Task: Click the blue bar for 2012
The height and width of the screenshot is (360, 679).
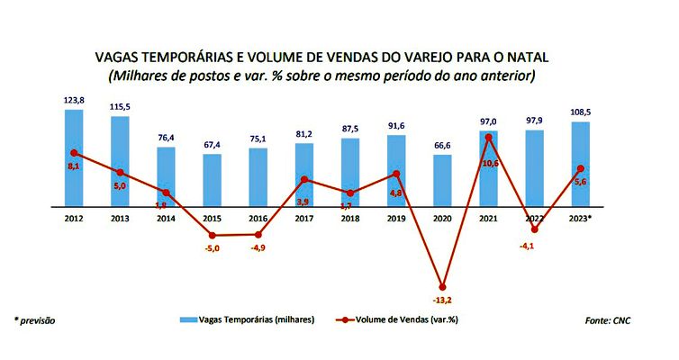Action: click(x=74, y=157)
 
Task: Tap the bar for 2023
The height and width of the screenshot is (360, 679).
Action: click(x=581, y=164)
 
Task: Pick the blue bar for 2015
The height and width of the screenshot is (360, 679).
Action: click(x=212, y=180)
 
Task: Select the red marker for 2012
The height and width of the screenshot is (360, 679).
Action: click(x=74, y=153)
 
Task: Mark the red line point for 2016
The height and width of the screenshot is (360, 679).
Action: click(x=258, y=234)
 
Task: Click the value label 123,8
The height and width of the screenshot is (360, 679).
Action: click(x=74, y=101)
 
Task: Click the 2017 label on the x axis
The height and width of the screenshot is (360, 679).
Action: click(x=304, y=218)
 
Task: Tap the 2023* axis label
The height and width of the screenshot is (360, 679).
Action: click(x=581, y=218)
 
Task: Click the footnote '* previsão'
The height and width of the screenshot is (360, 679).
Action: click(x=34, y=319)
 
